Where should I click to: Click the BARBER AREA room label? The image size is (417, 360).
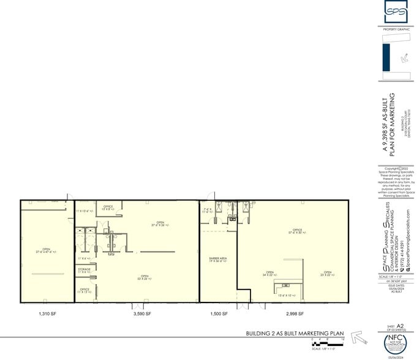[219, 260]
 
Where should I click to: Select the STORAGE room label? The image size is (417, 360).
[85, 270]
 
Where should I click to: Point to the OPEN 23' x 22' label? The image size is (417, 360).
[327, 274]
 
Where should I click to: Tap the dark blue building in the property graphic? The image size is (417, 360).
[386, 58]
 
